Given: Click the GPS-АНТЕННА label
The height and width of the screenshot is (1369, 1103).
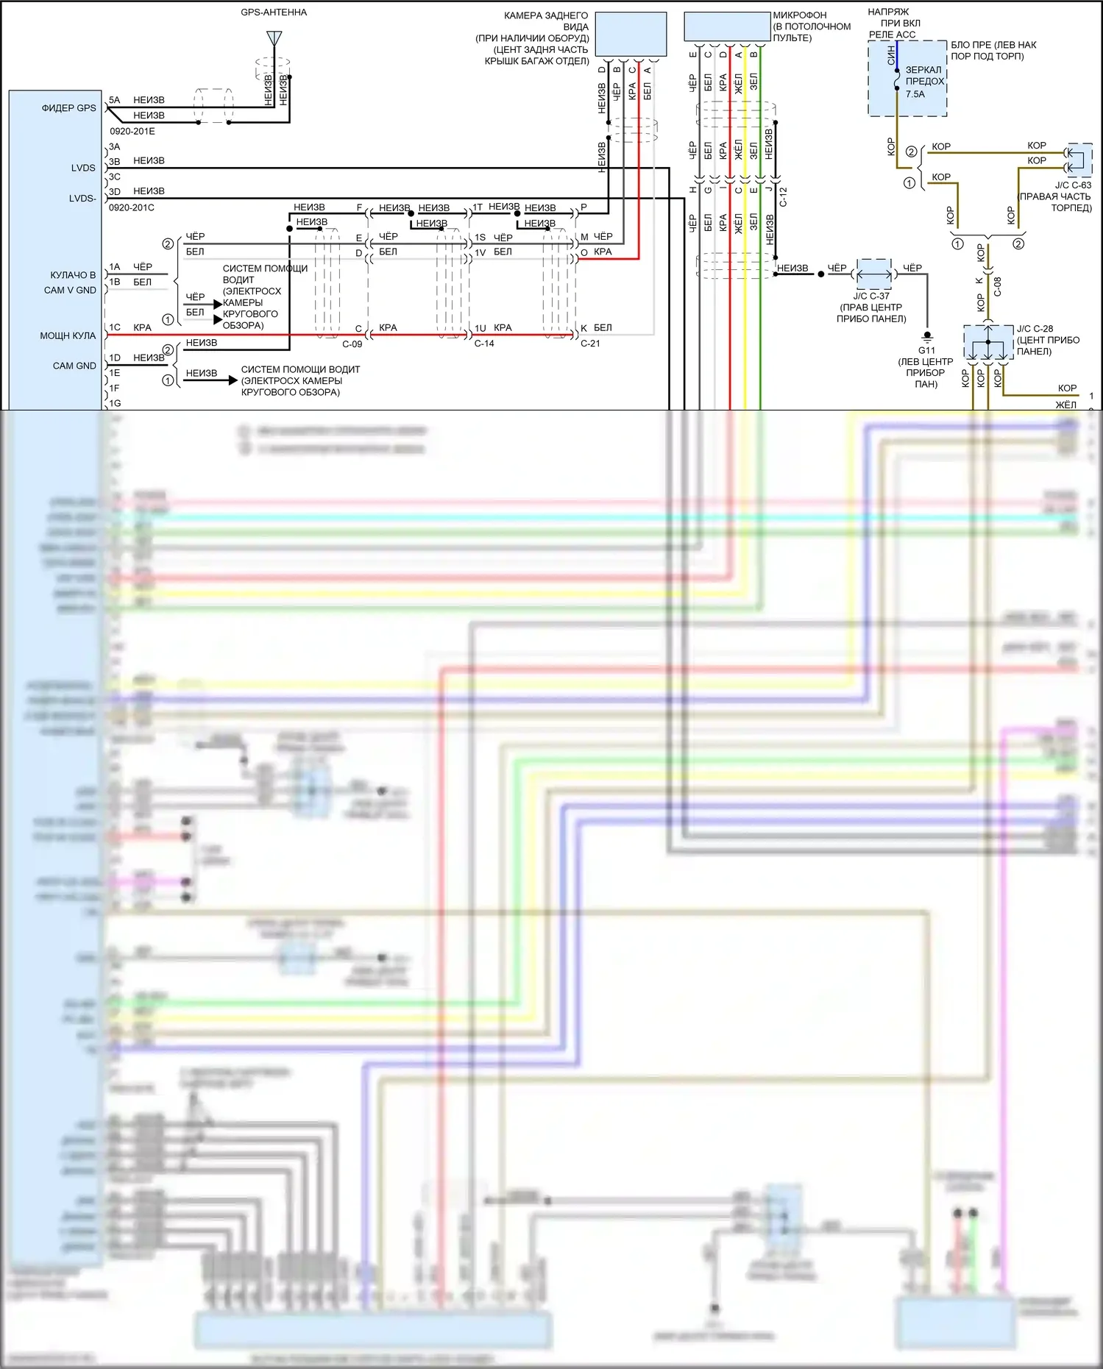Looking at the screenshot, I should [x=274, y=13].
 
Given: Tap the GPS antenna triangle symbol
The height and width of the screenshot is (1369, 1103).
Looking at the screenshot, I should [x=274, y=38].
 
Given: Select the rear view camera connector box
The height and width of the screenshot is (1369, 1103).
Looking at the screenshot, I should [x=631, y=34].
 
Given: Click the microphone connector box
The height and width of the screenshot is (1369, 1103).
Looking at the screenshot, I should [x=727, y=27].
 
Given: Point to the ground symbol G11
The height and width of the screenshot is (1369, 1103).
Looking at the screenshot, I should [x=927, y=338].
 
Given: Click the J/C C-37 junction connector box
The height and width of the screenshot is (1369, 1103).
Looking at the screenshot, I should [x=874, y=274].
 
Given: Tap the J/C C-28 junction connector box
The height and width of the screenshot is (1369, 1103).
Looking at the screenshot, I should [x=988, y=343].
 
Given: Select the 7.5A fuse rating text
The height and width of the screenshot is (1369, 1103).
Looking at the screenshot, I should [x=915, y=94].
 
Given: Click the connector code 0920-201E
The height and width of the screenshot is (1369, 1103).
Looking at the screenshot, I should [x=132, y=131].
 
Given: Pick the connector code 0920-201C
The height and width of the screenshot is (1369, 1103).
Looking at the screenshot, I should [x=132, y=207].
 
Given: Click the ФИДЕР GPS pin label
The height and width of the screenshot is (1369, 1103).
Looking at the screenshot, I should [x=68, y=108].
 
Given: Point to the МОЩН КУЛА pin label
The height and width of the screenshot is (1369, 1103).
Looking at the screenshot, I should [x=68, y=335].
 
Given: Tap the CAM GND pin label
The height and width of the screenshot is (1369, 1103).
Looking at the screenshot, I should [x=74, y=366].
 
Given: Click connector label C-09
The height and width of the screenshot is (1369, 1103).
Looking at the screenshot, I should [x=352, y=344].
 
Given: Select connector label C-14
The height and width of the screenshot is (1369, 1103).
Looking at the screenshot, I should [x=484, y=344].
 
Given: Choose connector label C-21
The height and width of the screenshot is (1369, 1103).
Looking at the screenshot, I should [x=590, y=344].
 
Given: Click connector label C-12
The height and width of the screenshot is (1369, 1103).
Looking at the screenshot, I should [x=783, y=197].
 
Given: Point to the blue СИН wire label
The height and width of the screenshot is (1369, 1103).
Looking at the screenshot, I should [x=891, y=55].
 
